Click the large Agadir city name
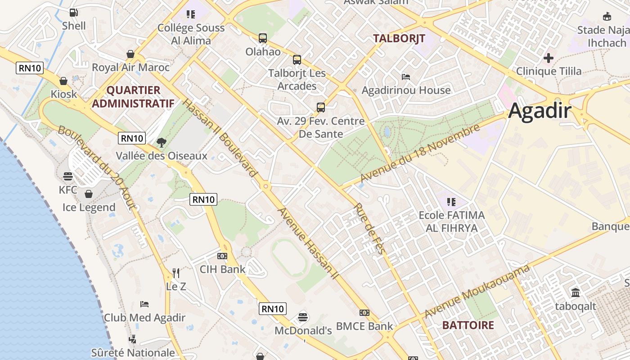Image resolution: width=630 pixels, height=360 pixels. click(540, 111)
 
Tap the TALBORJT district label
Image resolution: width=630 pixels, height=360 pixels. click(399, 39)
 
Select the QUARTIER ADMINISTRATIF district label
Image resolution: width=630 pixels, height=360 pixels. click(133, 97)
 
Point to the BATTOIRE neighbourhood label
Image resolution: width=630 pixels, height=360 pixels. click(468, 325)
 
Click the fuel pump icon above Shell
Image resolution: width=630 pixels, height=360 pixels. click(73, 13)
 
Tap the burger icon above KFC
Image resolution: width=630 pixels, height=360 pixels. click(68, 176)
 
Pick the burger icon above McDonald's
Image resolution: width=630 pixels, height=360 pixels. click(303, 317)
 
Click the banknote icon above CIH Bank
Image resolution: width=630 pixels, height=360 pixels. click(222, 256)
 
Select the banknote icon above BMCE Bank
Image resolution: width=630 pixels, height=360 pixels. click(364, 313)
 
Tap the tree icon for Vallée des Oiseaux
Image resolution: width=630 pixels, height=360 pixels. click(161, 143)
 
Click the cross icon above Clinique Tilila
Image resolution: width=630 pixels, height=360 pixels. click(548, 58)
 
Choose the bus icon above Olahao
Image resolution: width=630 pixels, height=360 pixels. click(263, 38)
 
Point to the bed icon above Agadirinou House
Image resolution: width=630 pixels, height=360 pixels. click(406, 77)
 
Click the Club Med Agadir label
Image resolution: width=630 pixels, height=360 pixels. click(144, 318)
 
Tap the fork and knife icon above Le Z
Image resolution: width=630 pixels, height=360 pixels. click(176, 273)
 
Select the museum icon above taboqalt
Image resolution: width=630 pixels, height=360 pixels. click(575, 293)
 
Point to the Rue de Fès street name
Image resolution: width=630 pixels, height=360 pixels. click(369, 229)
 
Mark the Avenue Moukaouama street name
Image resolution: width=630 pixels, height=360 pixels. click(477, 291)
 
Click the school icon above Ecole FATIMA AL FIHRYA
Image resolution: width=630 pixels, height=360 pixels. click(451, 202)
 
